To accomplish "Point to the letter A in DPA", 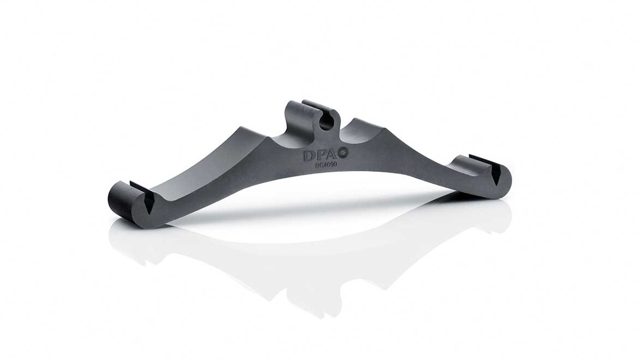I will pyautogui.click(x=331, y=154).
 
